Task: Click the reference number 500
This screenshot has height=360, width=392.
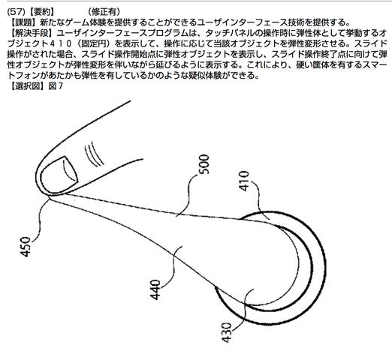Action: pyautogui.click(x=204, y=164)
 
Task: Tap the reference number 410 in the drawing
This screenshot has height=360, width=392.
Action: pyautogui.click(x=244, y=181)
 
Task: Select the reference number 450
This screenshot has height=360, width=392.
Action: pyautogui.click(x=26, y=247)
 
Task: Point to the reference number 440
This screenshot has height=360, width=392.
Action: pyautogui.click(x=155, y=289)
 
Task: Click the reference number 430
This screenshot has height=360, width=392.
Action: pyautogui.click(x=227, y=332)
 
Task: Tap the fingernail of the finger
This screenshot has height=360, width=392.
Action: pyautogui.click(x=59, y=174)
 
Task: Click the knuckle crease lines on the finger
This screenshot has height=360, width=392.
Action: pyautogui.click(x=94, y=154)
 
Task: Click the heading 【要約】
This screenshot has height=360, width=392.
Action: pyautogui.click(x=42, y=11)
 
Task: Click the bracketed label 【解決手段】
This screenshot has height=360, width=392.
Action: pyautogui.click(x=32, y=33)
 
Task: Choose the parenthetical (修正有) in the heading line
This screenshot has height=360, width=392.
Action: pyautogui.click(x=104, y=11)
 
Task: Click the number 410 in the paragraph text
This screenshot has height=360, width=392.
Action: pyautogui.click(x=59, y=43)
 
